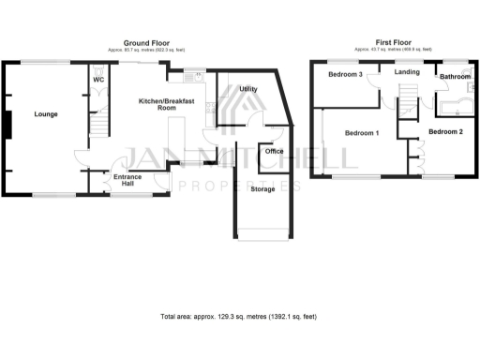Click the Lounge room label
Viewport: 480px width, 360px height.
tap(46, 114)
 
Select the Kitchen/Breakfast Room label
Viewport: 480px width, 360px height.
tap(158, 103)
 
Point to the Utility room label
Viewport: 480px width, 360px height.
tap(248, 89)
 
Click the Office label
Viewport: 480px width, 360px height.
tap(274, 151)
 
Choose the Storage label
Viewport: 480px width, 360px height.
tap(264, 189)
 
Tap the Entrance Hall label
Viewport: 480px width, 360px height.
tap(127, 180)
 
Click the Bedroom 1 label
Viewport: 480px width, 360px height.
tap(362, 133)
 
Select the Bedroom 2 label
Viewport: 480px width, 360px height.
tap(446, 133)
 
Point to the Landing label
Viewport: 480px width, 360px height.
tap(407, 71)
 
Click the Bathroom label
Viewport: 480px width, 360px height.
tap(455, 77)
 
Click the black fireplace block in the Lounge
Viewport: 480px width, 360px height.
tap(6, 123)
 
